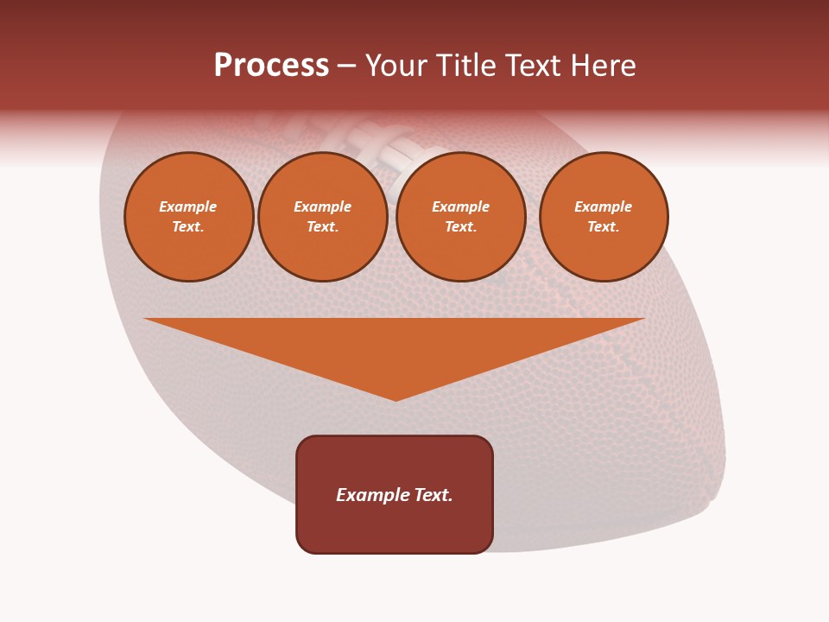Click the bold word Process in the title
(x=271, y=66)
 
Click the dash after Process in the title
(x=347, y=67)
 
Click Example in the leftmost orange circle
(x=188, y=206)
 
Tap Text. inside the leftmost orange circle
(x=188, y=226)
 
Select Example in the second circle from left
(x=322, y=206)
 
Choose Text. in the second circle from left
(x=322, y=226)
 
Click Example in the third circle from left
(x=460, y=206)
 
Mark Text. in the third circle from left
(x=460, y=226)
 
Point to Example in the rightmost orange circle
(x=603, y=206)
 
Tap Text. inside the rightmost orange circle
(x=603, y=226)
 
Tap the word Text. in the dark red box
(x=432, y=495)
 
